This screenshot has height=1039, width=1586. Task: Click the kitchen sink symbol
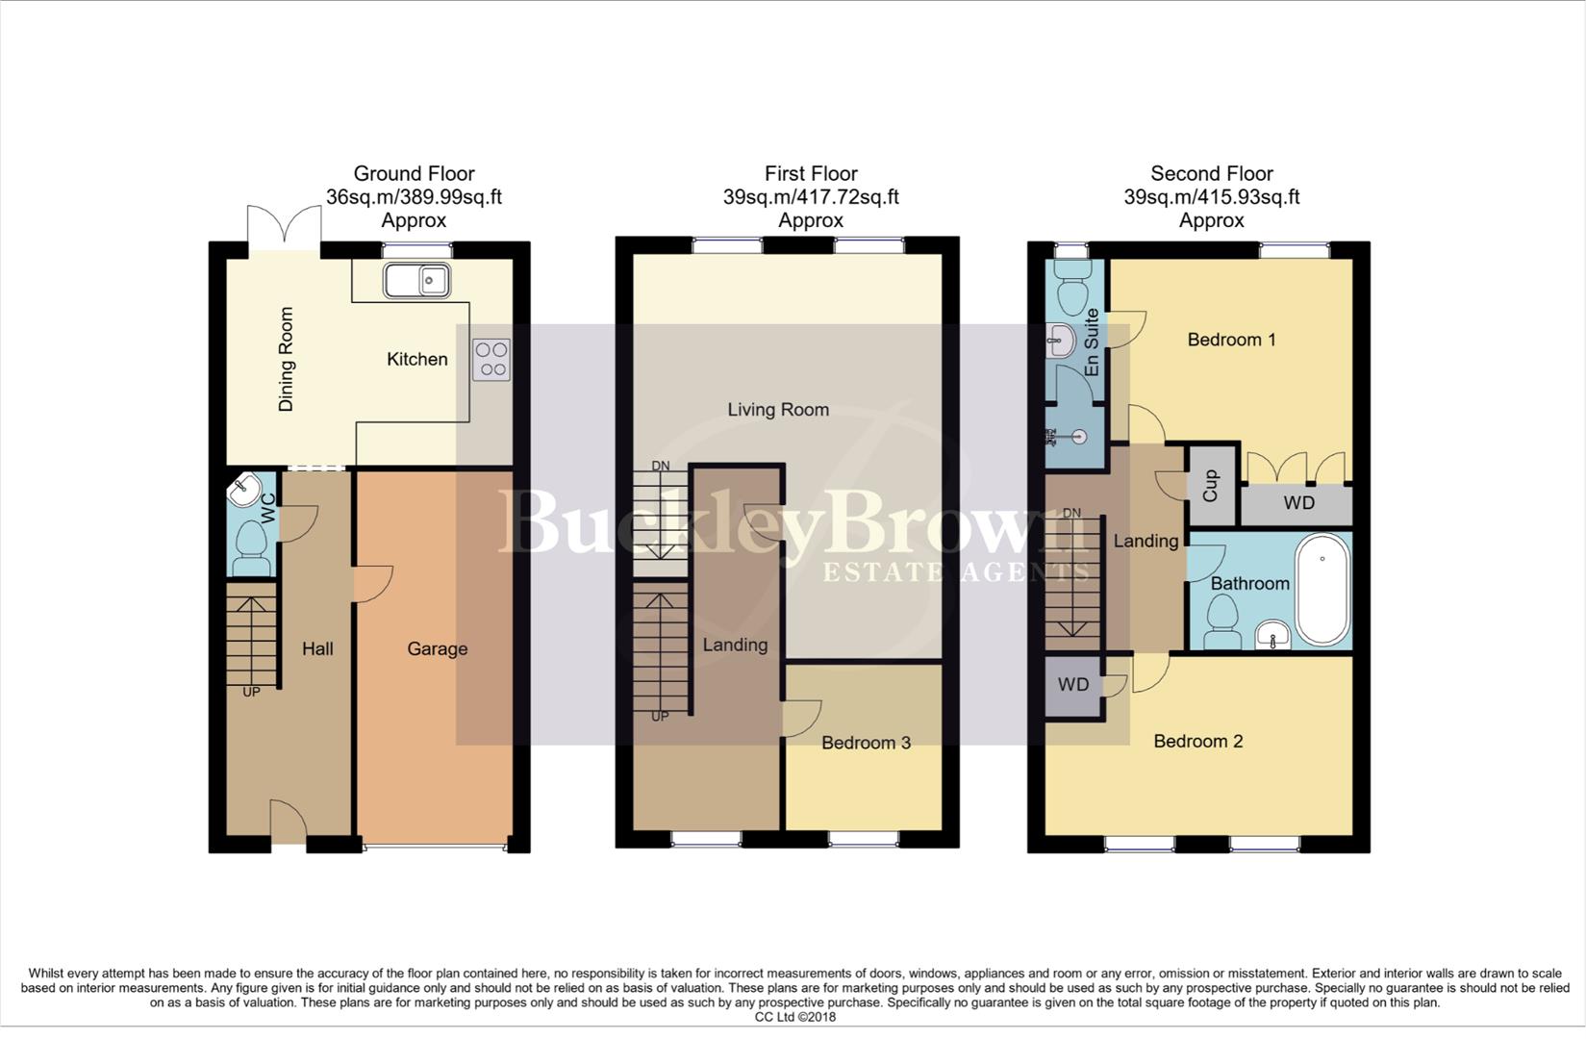pos(417,280)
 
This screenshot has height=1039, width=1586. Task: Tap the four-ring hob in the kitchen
pos(491,359)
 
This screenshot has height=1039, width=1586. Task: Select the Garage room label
pos(437,648)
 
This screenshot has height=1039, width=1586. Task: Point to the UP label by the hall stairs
pos(251,692)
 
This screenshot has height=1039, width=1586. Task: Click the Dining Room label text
pos(286,360)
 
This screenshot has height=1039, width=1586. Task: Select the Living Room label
pos(777,410)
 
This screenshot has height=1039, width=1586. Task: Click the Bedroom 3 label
pos(866,743)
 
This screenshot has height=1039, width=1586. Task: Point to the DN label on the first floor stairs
pos(660,467)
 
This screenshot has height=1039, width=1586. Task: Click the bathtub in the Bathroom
pos(1322,590)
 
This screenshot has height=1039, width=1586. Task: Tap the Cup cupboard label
pos(1211,486)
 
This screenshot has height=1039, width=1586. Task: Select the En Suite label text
pos(1092,342)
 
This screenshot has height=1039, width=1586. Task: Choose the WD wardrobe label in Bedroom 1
pos(1298,503)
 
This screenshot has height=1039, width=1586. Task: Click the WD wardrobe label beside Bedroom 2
pos(1073,684)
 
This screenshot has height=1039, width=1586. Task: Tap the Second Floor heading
pos(1211,174)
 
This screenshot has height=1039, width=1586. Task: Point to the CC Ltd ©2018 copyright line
pos(794,1017)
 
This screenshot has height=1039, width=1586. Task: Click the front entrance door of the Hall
pos(289,824)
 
